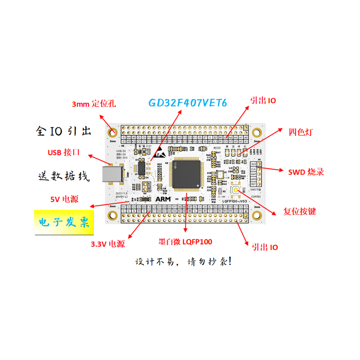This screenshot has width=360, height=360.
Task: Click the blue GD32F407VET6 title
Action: (188, 103)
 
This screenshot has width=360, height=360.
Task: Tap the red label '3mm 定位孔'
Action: (94, 104)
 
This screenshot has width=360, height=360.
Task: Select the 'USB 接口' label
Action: (64, 152)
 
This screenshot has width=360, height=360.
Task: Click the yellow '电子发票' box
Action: (64, 222)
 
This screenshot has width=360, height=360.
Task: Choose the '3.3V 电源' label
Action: (108, 244)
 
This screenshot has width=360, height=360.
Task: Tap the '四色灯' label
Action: (301, 132)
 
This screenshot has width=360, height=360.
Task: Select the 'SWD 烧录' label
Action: (306, 172)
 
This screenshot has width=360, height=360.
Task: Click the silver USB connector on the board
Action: (111, 175)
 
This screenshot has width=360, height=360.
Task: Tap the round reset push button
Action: (236, 190)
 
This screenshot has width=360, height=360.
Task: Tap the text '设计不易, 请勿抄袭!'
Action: (184, 261)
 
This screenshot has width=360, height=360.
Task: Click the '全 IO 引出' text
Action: (63, 131)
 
